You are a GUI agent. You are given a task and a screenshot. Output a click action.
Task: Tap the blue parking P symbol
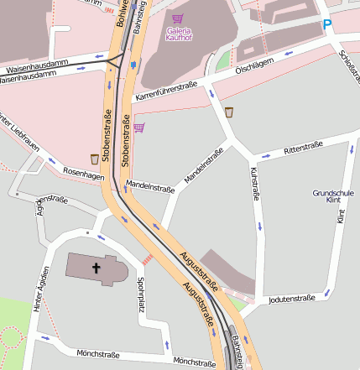326,25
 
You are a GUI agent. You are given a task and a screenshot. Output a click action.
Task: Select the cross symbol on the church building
96,268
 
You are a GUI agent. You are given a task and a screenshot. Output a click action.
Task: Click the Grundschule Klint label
329,196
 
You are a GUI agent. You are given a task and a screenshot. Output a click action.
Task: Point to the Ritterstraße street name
303,148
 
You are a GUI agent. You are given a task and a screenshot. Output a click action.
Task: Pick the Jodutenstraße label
291,298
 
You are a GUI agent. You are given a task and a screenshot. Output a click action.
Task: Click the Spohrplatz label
141,295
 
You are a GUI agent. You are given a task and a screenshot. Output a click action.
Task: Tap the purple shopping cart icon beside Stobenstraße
138,128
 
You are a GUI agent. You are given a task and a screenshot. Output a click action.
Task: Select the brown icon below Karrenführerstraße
229,112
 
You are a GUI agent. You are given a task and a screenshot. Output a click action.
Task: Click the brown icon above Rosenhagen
95,159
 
